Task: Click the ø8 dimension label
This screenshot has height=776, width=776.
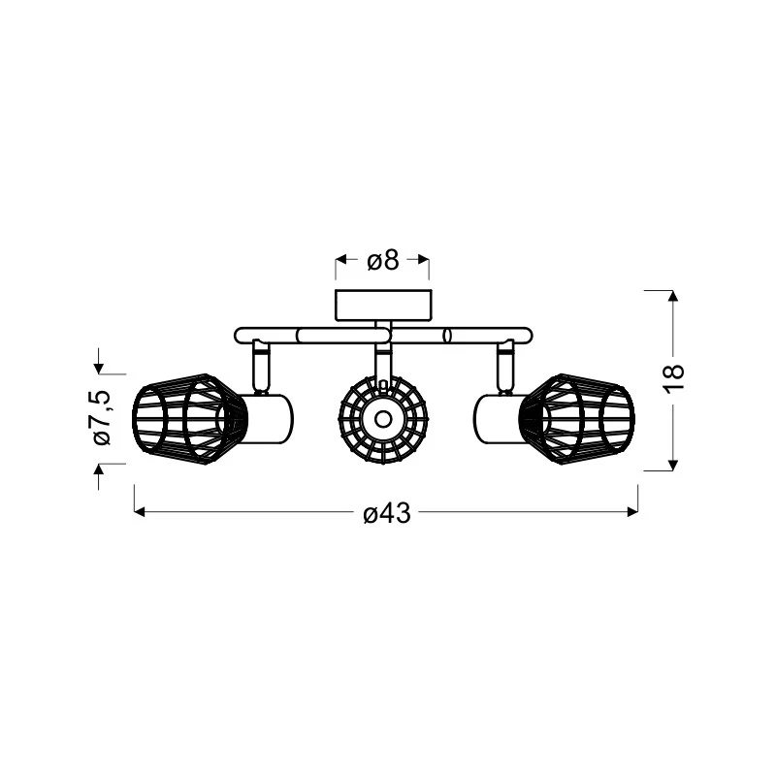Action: [382, 260]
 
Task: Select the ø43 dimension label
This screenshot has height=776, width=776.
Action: [387, 513]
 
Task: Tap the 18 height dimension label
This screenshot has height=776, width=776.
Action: [674, 379]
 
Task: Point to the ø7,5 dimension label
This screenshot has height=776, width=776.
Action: [103, 418]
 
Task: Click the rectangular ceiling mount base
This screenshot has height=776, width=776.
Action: [383, 306]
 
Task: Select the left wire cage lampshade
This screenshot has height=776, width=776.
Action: [189, 419]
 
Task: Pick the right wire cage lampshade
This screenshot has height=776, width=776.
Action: [577, 419]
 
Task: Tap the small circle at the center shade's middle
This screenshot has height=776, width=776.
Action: [382, 419]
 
